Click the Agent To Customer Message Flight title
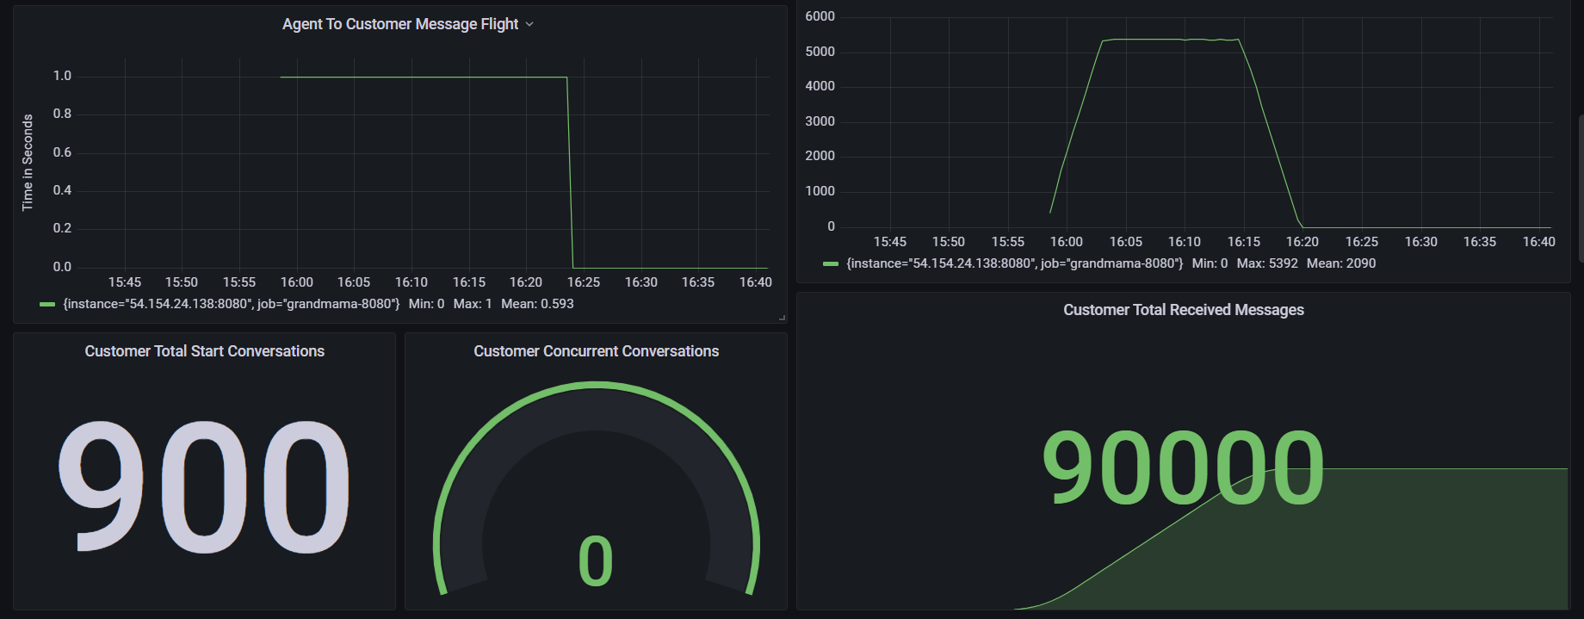pyautogui.click(x=400, y=24)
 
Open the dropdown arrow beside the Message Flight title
pyautogui.click(x=529, y=24)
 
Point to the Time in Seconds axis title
pyautogui.click(x=28, y=163)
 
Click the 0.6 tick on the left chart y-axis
pyautogui.click(x=62, y=152)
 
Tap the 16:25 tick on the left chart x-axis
pyautogui.click(x=584, y=282)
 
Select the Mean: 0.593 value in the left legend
pyautogui.click(x=537, y=304)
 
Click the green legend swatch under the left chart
pyautogui.click(x=47, y=304)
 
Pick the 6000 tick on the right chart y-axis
pyautogui.click(x=820, y=16)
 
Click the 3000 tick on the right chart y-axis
pyautogui.click(x=820, y=121)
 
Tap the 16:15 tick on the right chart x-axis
pyautogui.click(x=1243, y=242)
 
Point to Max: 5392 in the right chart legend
pyautogui.click(x=1267, y=263)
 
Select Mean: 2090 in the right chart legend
pyautogui.click(x=1341, y=263)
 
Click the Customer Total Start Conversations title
pyautogui.click(x=205, y=351)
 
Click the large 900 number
pyautogui.click(x=205, y=486)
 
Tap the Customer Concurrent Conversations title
pyautogui.click(x=596, y=351)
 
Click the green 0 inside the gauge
pyautogui.click(x=596, y=561)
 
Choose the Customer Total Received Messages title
pyautogui.click(x=1184, y=310)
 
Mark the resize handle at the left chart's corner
pyautogui.click(x=782, y=318)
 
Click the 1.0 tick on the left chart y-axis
pyautogui.click(x=62, y=76)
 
